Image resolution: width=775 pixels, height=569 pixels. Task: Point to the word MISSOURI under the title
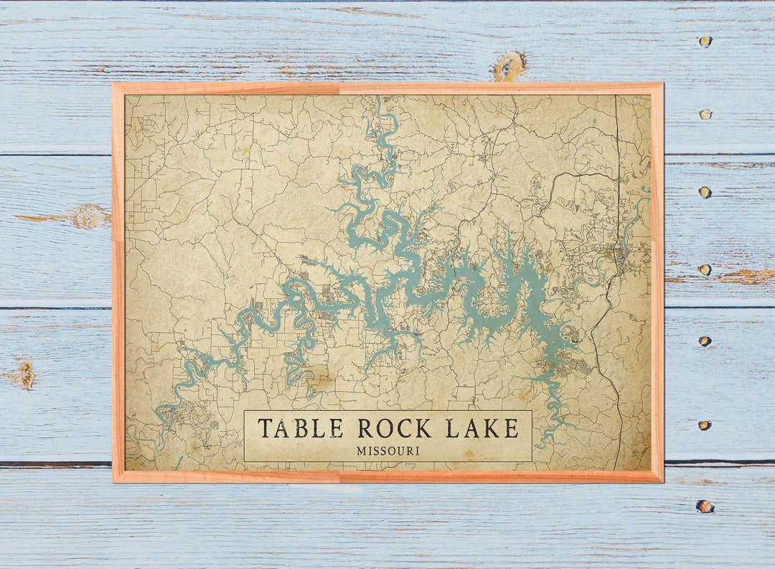pos(387,451)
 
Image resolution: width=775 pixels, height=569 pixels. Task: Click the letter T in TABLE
pos(265,429)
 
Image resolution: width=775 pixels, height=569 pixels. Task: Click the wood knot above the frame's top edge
pos(509,66)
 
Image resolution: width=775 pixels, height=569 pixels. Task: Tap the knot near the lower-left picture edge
pos(27,375)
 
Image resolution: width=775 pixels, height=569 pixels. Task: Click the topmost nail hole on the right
pos(705,42)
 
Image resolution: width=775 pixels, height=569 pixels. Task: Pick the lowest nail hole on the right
pos(705,506)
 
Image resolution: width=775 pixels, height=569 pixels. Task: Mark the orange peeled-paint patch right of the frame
pos(746,277)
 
